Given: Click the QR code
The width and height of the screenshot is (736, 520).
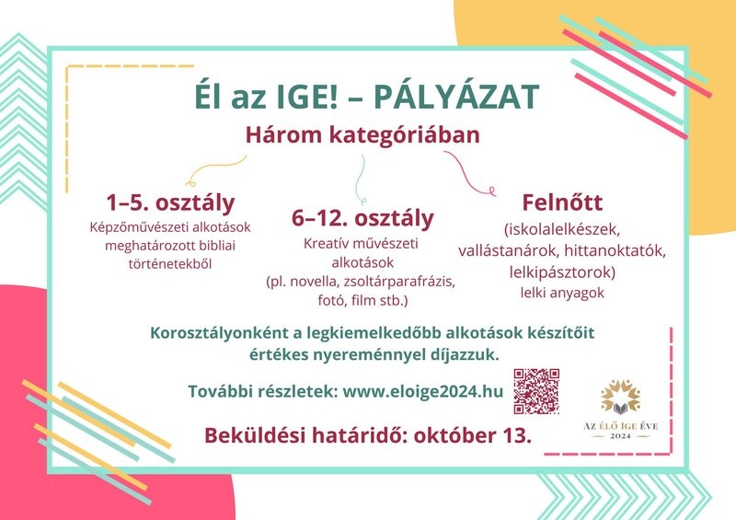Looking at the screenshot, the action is [536, 391].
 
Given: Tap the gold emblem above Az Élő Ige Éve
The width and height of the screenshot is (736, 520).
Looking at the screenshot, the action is [620, 398].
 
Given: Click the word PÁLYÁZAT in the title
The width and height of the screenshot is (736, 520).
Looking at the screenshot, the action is [456, 97].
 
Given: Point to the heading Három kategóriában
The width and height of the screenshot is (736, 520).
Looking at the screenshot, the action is [362, 134].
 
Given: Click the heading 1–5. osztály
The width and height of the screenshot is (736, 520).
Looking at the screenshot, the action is [170, 202].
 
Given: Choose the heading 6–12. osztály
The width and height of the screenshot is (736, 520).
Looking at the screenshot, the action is [362, 218].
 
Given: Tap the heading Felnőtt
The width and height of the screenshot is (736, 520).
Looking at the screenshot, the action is [562, 202].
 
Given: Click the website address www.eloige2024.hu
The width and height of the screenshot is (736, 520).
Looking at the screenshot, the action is [423, 391].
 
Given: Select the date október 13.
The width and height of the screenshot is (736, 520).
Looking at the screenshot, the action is [473, 435].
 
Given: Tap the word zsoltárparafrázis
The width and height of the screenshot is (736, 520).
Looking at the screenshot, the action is [399, 282].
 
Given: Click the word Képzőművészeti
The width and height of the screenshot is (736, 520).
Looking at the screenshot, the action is [129, 227].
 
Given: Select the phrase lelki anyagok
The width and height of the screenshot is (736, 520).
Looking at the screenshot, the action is [562, 293].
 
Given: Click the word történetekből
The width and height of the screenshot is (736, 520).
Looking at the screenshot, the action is [170, 264].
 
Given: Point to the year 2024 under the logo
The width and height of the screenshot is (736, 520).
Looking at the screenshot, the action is [620, 436].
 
